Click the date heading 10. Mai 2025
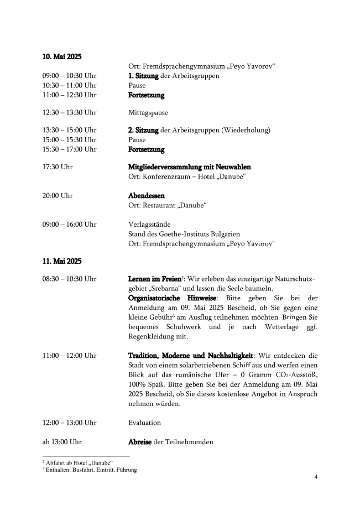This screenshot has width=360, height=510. [x=62, y=56]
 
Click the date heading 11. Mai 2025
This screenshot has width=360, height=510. [x=62, y=260]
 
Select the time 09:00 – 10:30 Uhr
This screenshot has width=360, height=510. [x=70, y=76]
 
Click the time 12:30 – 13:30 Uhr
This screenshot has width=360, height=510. [x=70, y=112]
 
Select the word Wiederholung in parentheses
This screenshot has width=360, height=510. [x=246, y=130]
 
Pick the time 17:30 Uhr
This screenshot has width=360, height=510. [x=58, y=166]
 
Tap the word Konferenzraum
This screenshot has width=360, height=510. [x=167, y=176]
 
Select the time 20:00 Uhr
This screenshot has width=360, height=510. [x=58, y=196]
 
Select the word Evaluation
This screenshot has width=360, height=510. [x=144, y=423]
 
